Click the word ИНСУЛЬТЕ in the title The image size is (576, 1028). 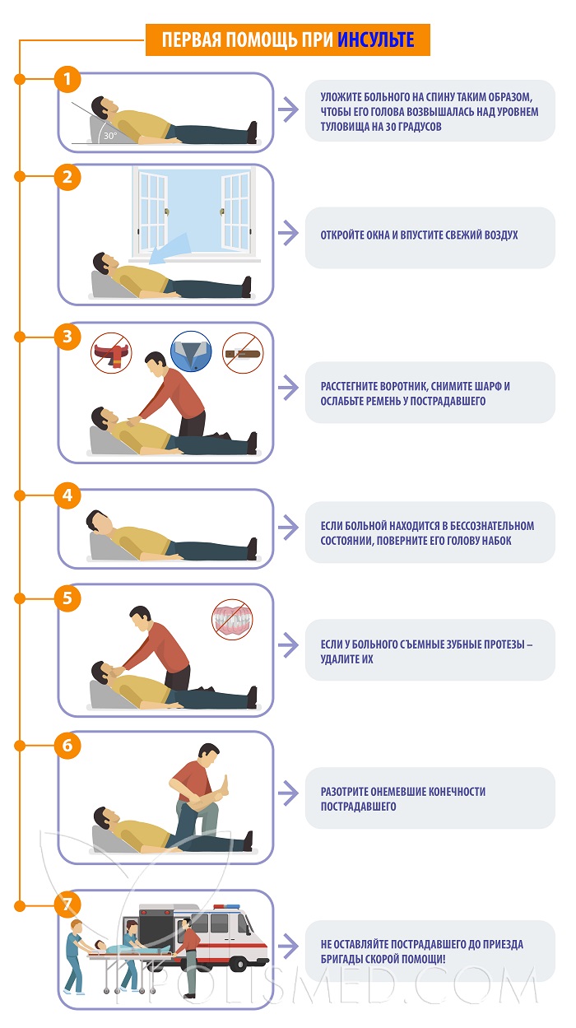pos(376,40)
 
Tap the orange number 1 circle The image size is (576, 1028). pos(67,79)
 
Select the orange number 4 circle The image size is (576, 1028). pos(67,495)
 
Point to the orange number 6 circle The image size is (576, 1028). pos(67,746)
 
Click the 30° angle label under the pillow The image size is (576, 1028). pos(110,136)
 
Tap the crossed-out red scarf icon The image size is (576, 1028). pos(112,353)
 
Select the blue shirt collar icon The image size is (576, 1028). pos(191,351)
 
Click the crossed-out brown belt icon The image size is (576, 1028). pos(243,353)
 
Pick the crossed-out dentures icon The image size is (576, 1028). pos(232,620)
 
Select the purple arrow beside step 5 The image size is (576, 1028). pos(288,644)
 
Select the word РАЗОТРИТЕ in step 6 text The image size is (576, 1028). pos(344,792)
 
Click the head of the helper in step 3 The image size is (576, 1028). pos(156,363)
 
